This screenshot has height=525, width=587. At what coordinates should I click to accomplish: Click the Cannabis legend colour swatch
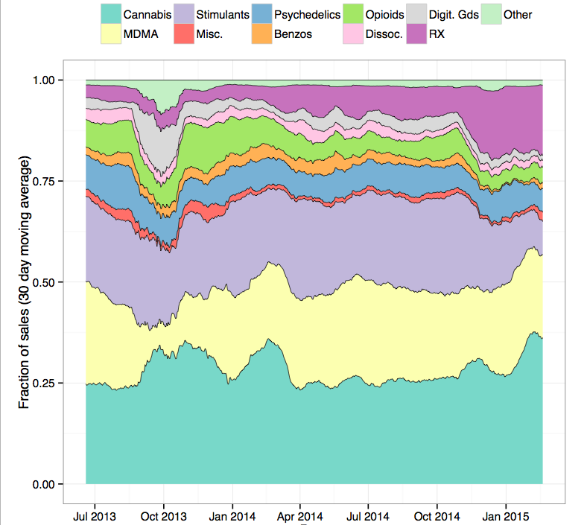111,14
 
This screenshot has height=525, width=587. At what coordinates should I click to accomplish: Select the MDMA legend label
142,34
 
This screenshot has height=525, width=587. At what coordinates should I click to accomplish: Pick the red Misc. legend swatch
184,34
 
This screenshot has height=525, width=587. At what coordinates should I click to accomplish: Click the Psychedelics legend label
307,14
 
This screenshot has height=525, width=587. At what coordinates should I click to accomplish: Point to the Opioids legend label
385,14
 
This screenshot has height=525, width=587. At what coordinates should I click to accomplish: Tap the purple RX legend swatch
417,34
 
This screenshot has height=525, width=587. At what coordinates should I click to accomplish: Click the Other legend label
517,14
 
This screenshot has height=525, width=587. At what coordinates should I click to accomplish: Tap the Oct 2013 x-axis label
163,515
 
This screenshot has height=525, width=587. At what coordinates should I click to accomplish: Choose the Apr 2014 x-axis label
299,515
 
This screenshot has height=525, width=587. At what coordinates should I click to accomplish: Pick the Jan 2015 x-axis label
505,515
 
